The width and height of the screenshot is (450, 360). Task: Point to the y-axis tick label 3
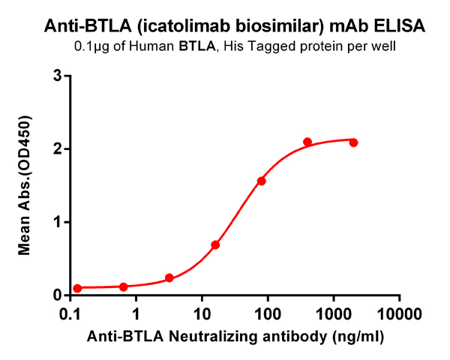coord(56,76)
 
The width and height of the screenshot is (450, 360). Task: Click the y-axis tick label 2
coord(56,149)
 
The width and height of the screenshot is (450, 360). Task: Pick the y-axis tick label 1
coord(56,222)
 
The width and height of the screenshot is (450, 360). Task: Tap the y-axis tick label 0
coord(56,295)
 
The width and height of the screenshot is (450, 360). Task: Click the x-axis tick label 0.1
coord(70,312)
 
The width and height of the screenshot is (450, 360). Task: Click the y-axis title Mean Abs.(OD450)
coord(26,185)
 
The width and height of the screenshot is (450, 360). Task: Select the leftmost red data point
coord(77,289)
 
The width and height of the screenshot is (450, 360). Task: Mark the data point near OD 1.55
coord(261,181)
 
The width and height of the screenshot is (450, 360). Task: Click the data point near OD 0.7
coord(215,244)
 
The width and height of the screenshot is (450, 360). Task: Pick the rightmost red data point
coord(353,142)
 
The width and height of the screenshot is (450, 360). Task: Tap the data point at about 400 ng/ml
coord(307,142)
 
